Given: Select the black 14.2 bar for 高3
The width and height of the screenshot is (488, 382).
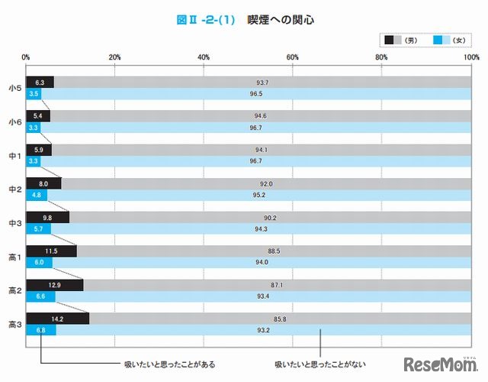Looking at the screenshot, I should tap(57, 318).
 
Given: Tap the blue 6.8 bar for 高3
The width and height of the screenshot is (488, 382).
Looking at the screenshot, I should tap(40, 330).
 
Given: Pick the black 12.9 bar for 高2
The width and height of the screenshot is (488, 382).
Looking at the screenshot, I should tap(54, 284).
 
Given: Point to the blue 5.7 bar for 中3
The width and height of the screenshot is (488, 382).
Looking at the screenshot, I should tap(38, 229).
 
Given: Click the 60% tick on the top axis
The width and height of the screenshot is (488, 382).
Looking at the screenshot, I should tap(292, 57).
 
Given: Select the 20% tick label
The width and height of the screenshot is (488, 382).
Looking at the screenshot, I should tap(114, 57).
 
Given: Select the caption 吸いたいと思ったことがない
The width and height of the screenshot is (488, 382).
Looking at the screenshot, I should tap(306, 364).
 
